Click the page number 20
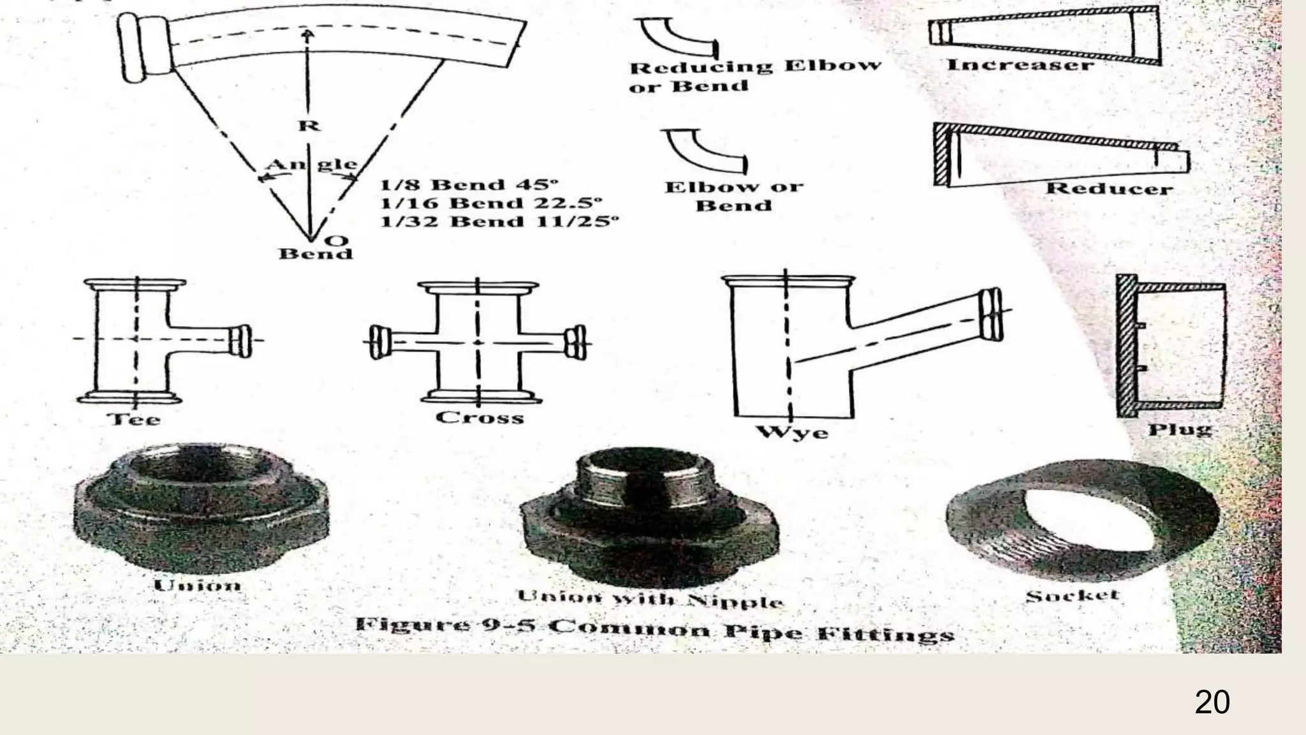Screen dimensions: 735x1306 click(1212, 702)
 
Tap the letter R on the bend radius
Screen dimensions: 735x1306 click(309, 125)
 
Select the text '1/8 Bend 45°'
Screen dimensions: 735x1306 click(469, 185)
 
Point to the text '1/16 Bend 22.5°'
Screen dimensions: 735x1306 click(491, 204)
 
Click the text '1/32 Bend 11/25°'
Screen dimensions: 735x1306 click(499, 222)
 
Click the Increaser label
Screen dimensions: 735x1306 click(1020, 65)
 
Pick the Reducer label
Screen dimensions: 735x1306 click(1109, 189)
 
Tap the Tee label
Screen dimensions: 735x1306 click(135, 419)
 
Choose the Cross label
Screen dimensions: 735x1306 click(480, 418)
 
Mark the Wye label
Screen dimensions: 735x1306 click(793, 433)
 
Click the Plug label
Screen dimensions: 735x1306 click(1180, 429)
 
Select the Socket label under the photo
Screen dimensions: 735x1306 click(1073, 596)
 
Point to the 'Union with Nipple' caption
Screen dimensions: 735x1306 click(650, 599)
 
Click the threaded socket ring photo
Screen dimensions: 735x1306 click(1082, 523)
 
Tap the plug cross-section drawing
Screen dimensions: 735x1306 click(1170, 346)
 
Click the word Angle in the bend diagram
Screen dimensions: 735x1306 click(311, 165)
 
